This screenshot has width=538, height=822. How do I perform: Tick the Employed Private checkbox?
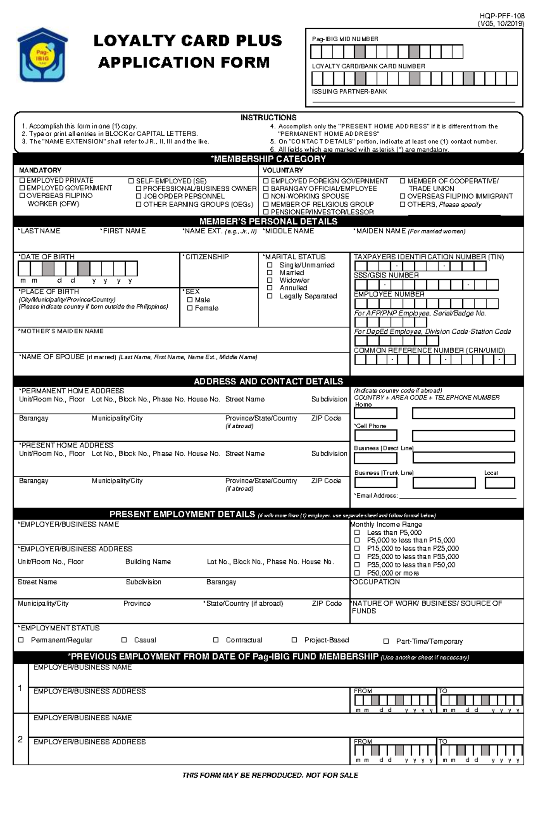(x=22, y=180)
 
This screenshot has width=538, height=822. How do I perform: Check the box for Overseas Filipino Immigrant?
(x=402, y=196)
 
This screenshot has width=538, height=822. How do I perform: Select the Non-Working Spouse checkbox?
(x=266, y=196)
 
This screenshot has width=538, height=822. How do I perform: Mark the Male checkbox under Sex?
(x=190, y=300)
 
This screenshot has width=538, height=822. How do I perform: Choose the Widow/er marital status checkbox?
(x=270, y=280)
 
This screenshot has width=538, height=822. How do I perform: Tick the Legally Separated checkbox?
(x=270, y=296)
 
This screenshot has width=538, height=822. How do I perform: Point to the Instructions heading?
(x=268, y=117)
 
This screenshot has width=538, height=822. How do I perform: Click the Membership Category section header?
(x=268, y=159)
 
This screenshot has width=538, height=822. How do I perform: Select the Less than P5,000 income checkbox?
(x=357, y=533)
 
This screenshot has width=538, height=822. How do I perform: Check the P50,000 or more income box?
(x=357, y=573)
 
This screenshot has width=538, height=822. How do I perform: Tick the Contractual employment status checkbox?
(x=216, y=640)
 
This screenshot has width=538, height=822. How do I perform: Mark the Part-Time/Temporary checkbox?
(x=386, y=641)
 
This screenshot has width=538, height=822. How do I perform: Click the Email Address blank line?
(x=457, y=496)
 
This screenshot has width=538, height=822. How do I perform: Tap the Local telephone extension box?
(x=499, y=483)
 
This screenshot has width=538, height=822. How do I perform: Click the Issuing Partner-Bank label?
(x=349, y=91)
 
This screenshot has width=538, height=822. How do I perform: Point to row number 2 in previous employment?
(x=20, y=740)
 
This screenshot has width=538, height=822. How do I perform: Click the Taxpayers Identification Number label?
(x=429, y=257)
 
